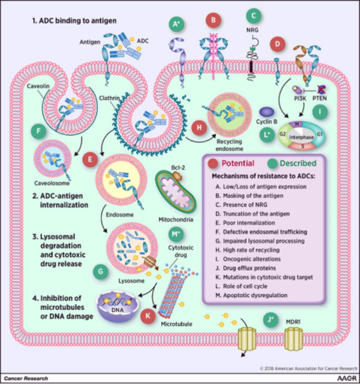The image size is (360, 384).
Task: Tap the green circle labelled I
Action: [320, 112]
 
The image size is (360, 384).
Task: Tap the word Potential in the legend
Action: [242, 164]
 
